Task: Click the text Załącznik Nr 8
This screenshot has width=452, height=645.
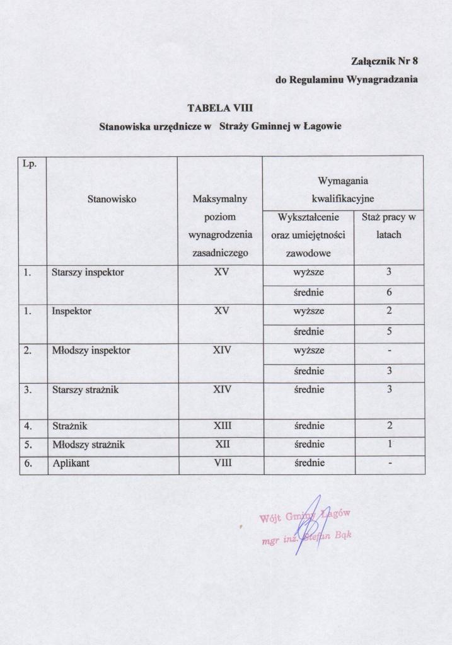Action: pyautogui.click(x=385, y=61)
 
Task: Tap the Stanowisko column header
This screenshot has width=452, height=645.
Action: pyautogui.click(x=112, y=198)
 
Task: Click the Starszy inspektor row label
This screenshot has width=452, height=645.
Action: pyautogui.click(x=88, y=273)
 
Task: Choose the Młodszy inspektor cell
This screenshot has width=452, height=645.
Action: pyautogui.click(x=91, y=350)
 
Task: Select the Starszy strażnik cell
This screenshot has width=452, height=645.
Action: pyautogui.click(x=85, y=389)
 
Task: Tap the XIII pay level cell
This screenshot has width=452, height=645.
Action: pyautogui.click(x=222, y=426)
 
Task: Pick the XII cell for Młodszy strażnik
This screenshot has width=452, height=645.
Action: pyautogui.click(x=222, y=445)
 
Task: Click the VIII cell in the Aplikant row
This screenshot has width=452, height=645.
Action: pyautogui.click(x=222, y=463)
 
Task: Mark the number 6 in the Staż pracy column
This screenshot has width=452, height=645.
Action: pyautogui.click(x=390, y=292)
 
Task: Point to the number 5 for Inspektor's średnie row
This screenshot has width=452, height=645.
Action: pyautogui.click(x=390, y=331)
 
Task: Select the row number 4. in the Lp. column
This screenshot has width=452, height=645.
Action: pyautogui.click(x=28, y=426)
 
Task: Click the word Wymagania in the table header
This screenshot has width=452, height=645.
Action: pyautogui.click(x=342, y=181)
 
